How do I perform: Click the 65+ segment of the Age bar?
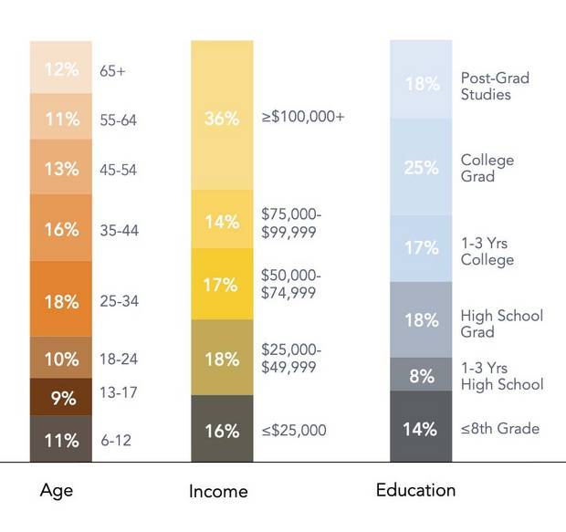[61, 69]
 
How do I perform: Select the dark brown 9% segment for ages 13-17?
[61, 397]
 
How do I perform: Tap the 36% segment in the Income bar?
[222, 118]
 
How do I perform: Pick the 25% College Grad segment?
[421, 167]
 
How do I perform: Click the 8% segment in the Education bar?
[421, 374]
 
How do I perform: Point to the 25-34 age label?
[119, 301]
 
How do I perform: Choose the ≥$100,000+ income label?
[302, 118]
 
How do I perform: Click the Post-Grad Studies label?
[495, 86]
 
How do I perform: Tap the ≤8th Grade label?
[499, 428]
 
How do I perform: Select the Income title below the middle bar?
[218, 491]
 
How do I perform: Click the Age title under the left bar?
[57, 490]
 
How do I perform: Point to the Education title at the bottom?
[415, 490]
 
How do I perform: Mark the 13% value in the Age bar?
[61, 167]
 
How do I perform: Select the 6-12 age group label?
[116, 440]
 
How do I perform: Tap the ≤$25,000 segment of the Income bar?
[222, 429]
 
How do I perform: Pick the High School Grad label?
[501, 324]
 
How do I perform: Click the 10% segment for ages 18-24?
[61, 358]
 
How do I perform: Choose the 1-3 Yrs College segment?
[421, 248]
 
